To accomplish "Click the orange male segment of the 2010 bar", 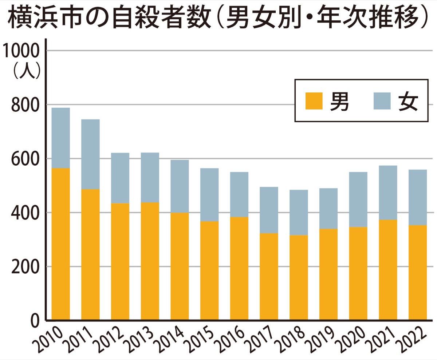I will pyautogui.click(x=61, y=244).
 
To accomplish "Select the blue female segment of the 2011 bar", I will pyautogui.click(x=90, y=154).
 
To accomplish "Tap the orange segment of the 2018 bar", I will pyautogui.click(x=299, y=277).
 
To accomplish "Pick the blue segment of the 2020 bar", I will pyautogui.click(x=358, y=199).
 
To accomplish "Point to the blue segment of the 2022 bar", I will pyautogui.click(x=417, y=197).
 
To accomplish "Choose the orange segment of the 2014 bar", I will pyautogui.click(x=180, y=266).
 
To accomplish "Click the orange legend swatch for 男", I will pyautogui.click(x=314, y=101).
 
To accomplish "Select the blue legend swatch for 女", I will pyautogui.click(x=382, y=101).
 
